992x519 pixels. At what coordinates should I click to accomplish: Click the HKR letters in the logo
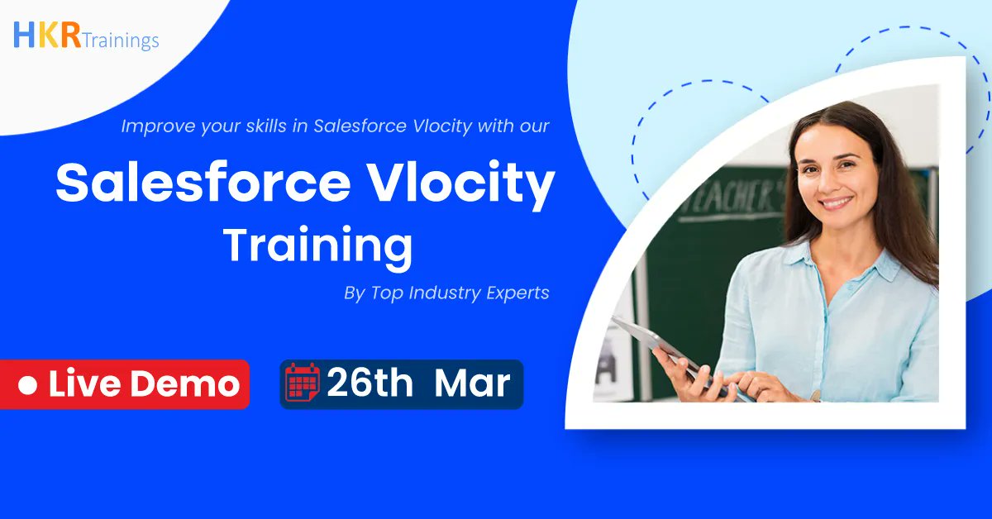click(47, 35)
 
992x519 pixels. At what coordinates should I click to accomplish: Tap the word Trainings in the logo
click(120, 40)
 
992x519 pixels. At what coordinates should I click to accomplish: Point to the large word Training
click(318, 245)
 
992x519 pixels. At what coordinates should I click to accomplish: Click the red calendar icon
click(302, 383)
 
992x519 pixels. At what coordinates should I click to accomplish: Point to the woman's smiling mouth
click(837, 202)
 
